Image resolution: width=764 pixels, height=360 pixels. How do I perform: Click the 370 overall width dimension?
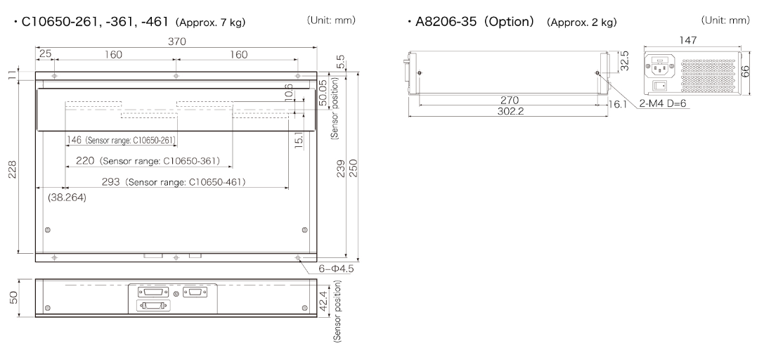(x=177, y=41)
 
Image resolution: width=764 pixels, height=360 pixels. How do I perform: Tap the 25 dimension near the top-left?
(x=45, y=54)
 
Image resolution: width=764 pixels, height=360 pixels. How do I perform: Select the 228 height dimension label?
(x=13, y=169)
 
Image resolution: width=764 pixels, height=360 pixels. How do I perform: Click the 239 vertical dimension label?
(x=341, y=168)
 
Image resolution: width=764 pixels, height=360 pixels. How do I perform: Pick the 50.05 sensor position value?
(x=322, y=93)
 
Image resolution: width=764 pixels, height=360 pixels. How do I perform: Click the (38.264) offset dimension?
(x=67, y=198)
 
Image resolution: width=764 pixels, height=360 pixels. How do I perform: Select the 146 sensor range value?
(x=75, y=141)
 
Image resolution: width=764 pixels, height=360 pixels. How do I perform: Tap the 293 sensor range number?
(x=110, y=181)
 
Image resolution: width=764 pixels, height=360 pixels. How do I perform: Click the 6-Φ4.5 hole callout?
(x=336, y=269)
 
